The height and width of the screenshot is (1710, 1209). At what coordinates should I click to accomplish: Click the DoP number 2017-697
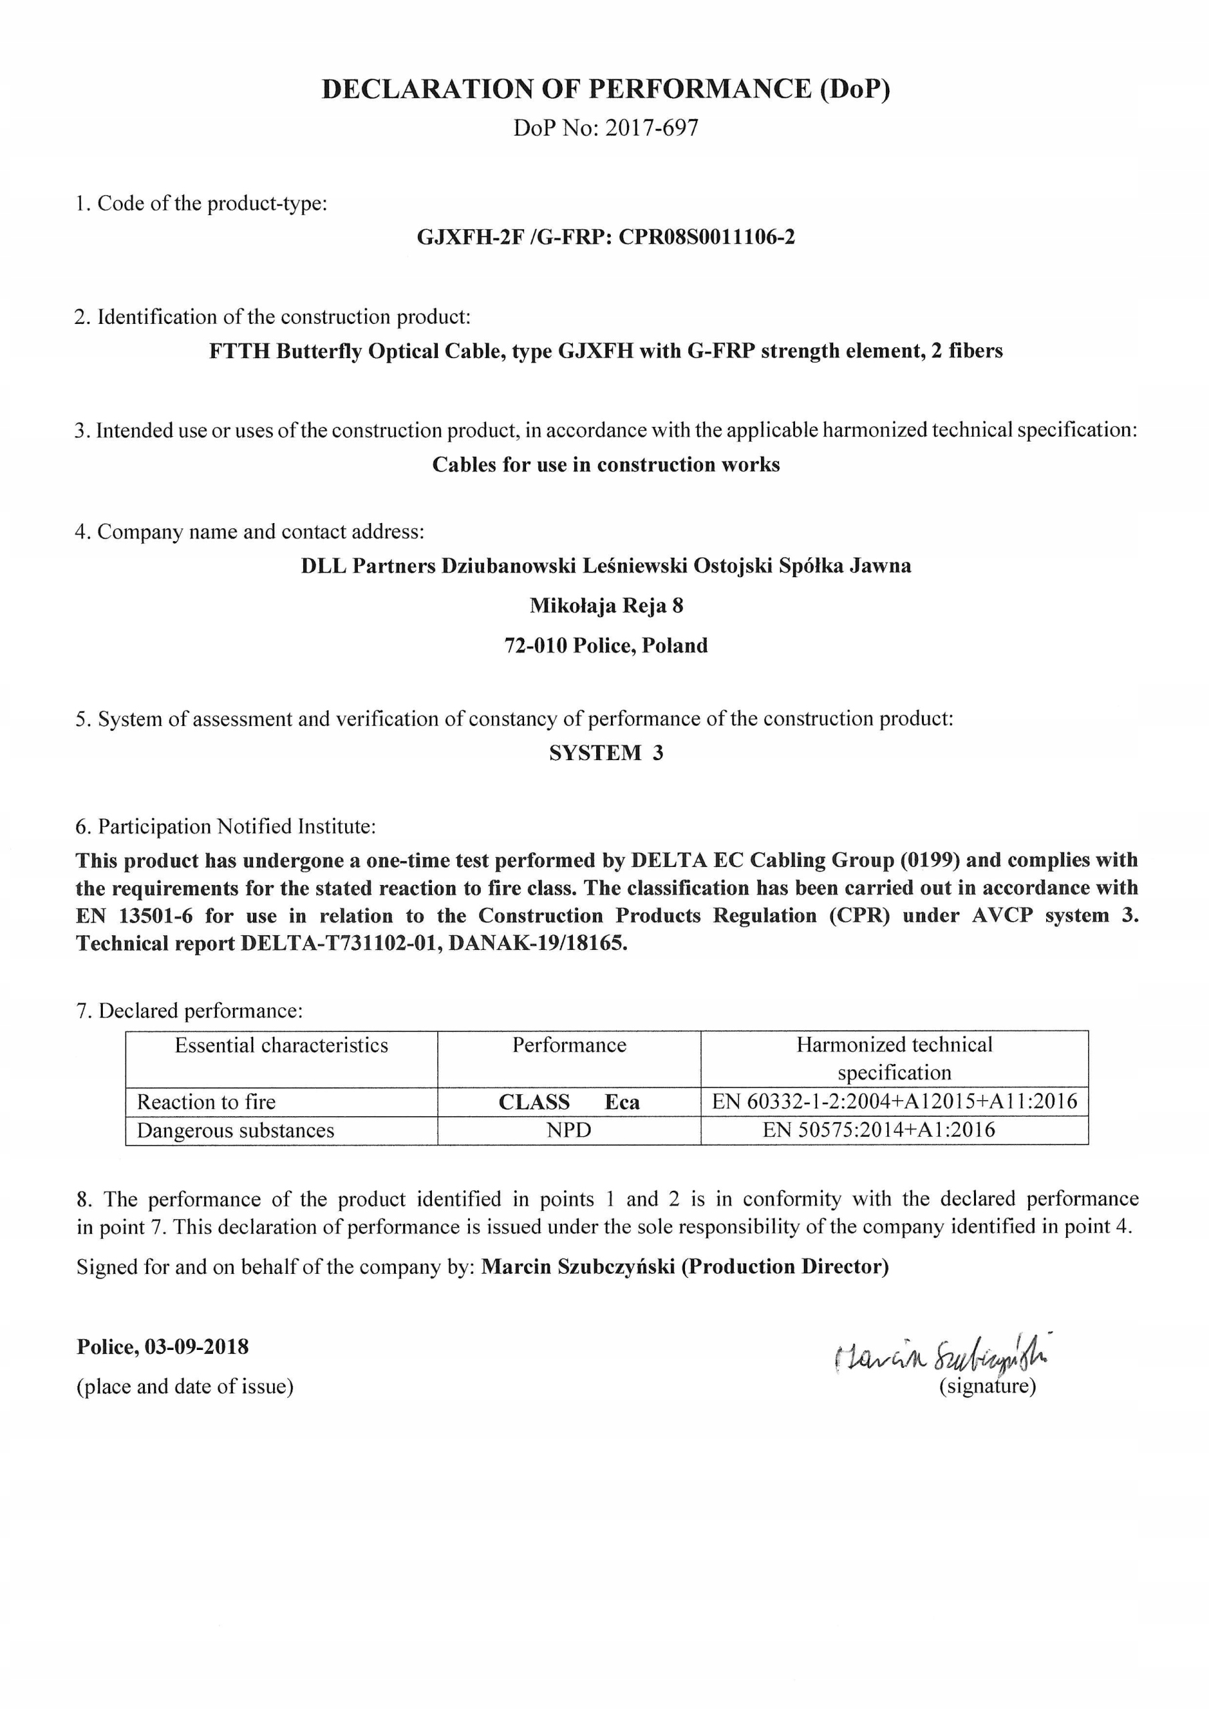(x=652, y=128)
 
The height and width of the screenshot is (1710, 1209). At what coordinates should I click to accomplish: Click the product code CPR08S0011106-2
(x=706, y=237)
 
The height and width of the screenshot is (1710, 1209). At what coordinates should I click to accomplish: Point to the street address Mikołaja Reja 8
(x=606, y=605)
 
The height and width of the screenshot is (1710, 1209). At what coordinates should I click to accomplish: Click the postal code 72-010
(x=535, y=645)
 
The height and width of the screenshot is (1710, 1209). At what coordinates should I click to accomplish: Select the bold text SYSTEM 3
(x=606, y=753)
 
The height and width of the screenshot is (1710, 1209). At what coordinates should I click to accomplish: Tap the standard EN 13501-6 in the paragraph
(x=134, y=915)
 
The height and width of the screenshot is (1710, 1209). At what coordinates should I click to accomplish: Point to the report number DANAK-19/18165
(x=537, y=944)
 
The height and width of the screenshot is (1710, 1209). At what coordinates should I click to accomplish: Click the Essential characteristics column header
(x=282, y=1045)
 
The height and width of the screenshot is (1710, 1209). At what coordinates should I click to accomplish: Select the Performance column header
(x=569, y=1045)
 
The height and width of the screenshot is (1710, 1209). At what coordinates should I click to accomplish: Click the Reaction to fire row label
(x=206, y=1102)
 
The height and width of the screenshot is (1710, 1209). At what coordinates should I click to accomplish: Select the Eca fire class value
(x=622, y=1102)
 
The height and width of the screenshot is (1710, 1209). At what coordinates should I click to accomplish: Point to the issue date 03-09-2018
(x=196, y=1347)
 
